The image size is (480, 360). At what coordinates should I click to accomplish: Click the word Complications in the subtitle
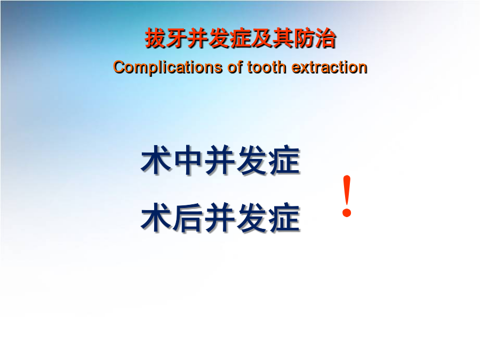pyautogui.click(x=167, y=68)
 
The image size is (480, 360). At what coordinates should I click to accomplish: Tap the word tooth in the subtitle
pyautogui.click(x=266, y=67)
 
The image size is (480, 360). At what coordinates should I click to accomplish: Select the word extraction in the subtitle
pyautogui.click(x=329, y=67)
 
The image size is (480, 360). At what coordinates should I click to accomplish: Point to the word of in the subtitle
pyautogui.click(x=235, y=67)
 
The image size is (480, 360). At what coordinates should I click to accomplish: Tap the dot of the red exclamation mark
pyautogui.click(x=347, y=212)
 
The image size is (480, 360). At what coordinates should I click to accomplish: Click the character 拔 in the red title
pyautogui.click(x=155, y=38)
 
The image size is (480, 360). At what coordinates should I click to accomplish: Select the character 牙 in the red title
pyautogui.click(x=177, y=38)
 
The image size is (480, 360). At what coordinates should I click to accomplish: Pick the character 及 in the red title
pyautogui.click(x=262, y=38)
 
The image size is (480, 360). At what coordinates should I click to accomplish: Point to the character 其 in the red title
pyautogui.click(x=283, y=38)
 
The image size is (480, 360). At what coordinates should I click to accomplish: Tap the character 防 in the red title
pyautogui.click(x=305, y=38)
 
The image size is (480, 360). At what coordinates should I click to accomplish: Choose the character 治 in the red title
pyautogui.click(x=325, y=38)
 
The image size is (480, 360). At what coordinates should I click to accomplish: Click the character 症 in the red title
pyautogui.click(x=241, y=38)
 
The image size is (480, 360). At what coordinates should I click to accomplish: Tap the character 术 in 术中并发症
pyautogui.click(x=156, y=160)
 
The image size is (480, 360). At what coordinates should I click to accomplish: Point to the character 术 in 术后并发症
pyautogui.click(x=156, y=218)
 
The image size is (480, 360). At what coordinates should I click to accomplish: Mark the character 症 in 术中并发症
pyautogui.click(x=284, y=160)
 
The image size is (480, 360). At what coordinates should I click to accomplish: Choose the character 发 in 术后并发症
pyautogui.click(x=253, y=218)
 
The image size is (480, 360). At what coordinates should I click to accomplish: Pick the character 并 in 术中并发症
pyautogui.click(x=220, y=160)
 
